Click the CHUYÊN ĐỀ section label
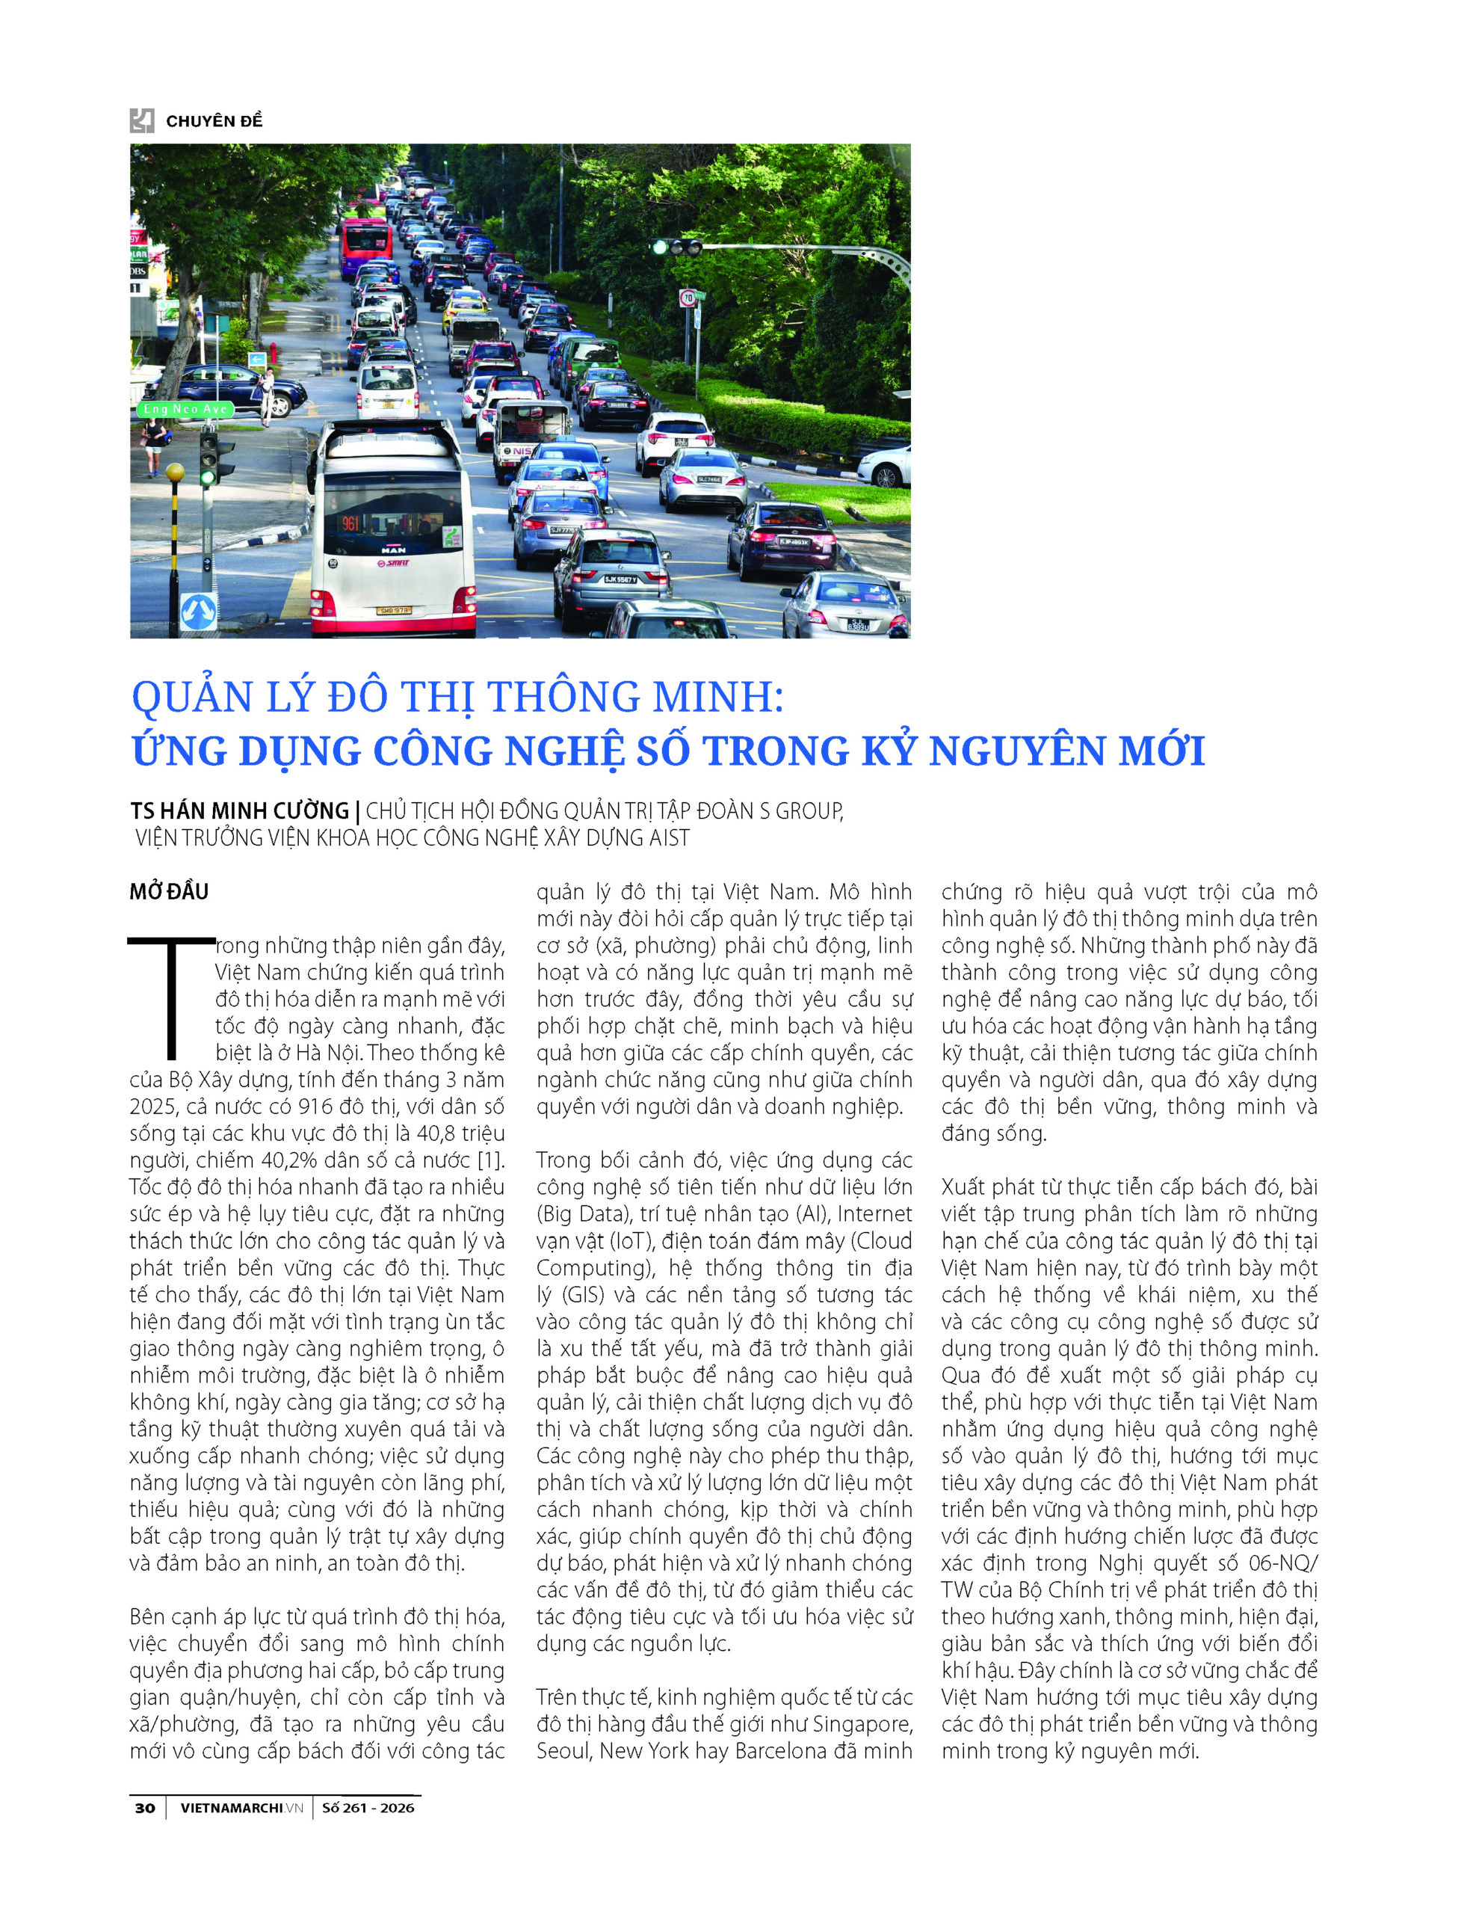[214, 121]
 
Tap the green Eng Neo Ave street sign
[185, 409]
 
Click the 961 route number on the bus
[350, 523]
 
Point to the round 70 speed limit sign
[688, 298]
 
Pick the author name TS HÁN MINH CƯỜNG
[240, 811]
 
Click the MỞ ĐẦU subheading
[169, 892]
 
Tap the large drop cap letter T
[171, 994]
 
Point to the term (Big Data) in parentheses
[575, 1214]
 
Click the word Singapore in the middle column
[862, 1725]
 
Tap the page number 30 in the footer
[145, 1808]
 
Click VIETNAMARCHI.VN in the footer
[241, 1808]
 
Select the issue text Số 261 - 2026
[368, 1808]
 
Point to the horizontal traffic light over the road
[678, 247]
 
